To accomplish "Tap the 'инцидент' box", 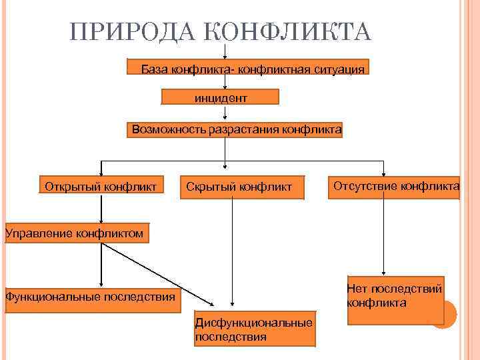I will click(x=221, y=98).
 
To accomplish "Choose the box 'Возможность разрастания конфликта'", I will click(x=235, y=129).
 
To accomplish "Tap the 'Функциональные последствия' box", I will click(x=91, y=295).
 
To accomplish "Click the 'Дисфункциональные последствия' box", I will click(x=253, y=329).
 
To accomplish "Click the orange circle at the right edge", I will click(x=443, y=314).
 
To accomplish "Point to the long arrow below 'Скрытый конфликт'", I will click(x=232, y=253).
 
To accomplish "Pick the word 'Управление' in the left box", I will click(x=37, y=233).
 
